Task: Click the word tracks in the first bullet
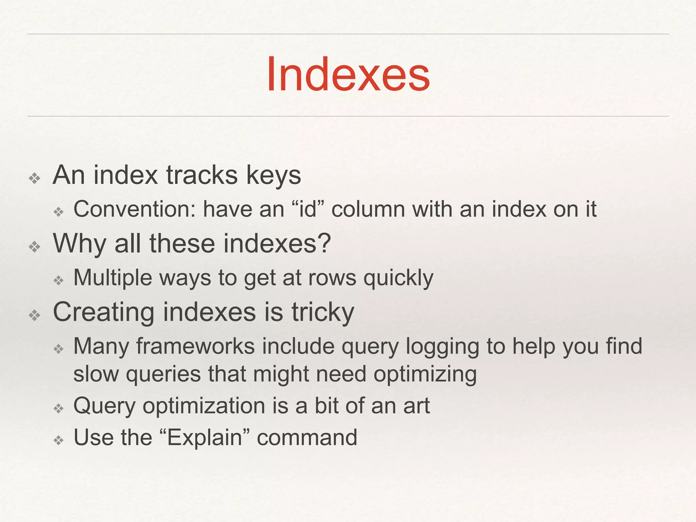click(202, 175)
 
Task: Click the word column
click(368, 209)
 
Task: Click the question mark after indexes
click(325, 244)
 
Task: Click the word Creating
click(104, 313)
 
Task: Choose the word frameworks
click(195, 347)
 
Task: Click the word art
click(416, 406)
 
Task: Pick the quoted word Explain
click(204, 438)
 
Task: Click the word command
click(307, 438)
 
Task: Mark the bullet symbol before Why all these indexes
click(35, 247)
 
